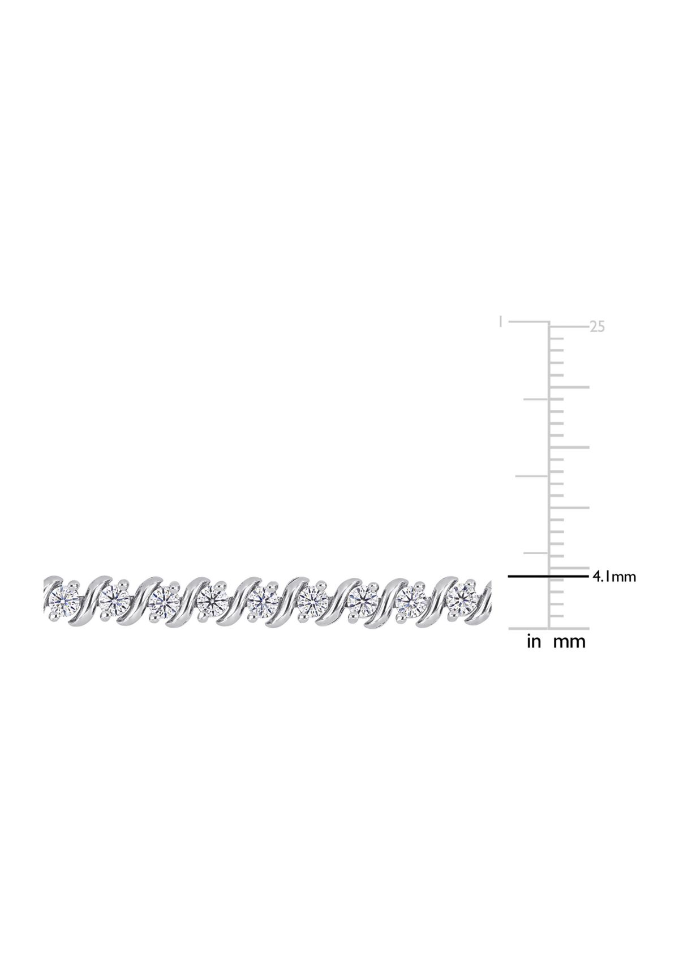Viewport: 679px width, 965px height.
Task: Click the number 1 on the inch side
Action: (500, 322)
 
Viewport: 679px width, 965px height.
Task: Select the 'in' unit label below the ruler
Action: (533, 641)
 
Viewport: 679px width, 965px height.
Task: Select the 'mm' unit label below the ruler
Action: (569, 642)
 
